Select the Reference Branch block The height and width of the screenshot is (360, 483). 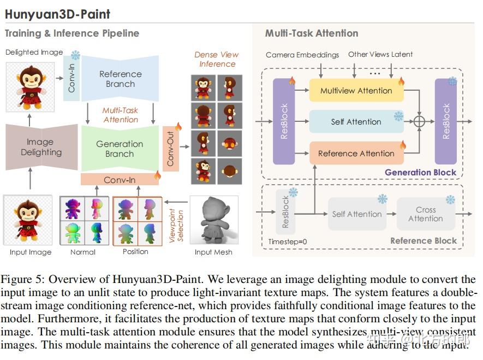click(120, 79)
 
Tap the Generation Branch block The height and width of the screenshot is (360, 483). click(120, 149)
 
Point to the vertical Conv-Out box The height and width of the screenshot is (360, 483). click(171, 147)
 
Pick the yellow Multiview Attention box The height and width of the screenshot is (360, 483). click(356, 91)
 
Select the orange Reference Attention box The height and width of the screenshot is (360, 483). click(356, 154)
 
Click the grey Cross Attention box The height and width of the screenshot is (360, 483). click(426, 214)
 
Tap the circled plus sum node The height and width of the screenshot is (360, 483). click(419, 122)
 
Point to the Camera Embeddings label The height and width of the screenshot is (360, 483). click(302, 55)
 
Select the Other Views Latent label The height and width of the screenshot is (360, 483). click(380, 54)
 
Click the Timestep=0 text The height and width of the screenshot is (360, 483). click(288, 241)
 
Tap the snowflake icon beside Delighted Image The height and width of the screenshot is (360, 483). click(75, 55)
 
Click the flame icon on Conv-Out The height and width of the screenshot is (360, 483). click(178, 127)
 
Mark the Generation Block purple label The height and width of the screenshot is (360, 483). click(420, 172)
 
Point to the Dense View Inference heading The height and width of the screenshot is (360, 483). click(217, 59)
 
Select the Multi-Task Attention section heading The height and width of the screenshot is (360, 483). click(312, 33)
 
